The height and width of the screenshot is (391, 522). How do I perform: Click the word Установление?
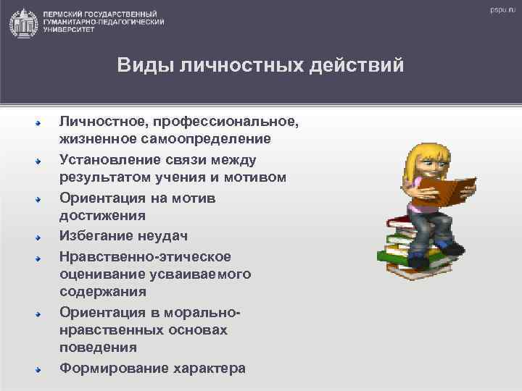click(108, 159)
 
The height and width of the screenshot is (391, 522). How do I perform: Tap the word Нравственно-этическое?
click(145, 256)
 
